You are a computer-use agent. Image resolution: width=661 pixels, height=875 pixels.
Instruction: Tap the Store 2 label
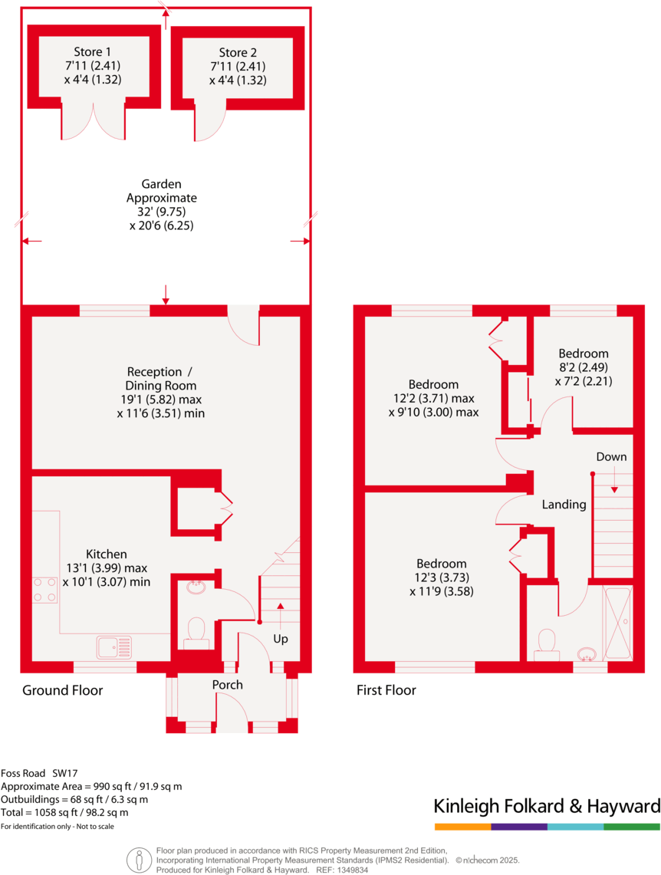[238, 53]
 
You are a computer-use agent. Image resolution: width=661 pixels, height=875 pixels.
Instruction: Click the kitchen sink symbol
[114, 647]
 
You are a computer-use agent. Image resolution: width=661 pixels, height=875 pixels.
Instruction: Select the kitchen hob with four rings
[44, 590]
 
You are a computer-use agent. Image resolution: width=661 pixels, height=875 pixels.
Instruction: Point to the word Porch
[227, 685]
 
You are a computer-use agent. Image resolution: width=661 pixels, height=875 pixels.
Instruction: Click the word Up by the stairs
[282, 638]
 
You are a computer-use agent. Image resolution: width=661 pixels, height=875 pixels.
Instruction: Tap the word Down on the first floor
[611, 457]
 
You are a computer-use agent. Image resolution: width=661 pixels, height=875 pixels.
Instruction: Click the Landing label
[564, 505]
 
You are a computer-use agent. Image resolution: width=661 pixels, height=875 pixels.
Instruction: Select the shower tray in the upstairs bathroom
[617, 622]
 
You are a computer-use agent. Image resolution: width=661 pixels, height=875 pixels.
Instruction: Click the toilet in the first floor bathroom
[548, 642]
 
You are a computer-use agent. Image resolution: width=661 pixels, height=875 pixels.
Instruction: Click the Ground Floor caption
[62, 690]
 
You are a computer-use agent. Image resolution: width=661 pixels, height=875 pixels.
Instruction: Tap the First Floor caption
[386, 690]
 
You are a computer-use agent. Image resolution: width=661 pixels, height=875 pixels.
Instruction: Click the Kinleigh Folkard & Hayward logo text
[547, 806]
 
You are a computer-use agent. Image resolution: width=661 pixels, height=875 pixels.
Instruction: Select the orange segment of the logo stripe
[462, 827]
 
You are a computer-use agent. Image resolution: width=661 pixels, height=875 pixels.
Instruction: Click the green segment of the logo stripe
[631, 827]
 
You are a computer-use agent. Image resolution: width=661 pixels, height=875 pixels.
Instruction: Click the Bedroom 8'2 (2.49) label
[583, 354]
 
